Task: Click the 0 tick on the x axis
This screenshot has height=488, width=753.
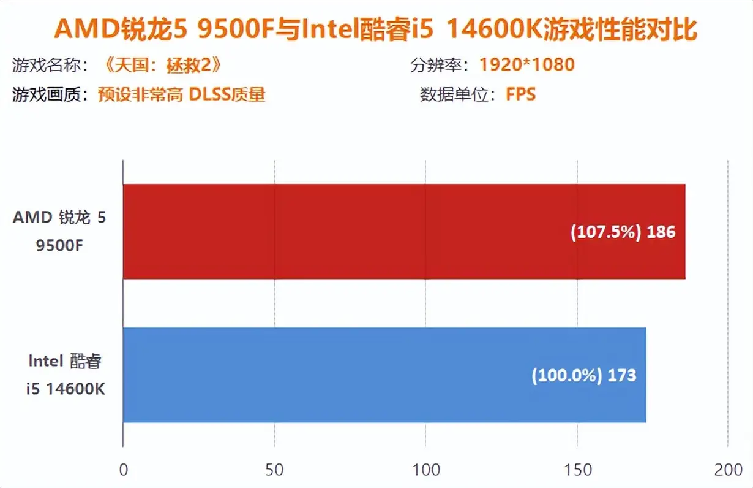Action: (x=124, y=470)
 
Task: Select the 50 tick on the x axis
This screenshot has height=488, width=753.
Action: (x=274, y=470)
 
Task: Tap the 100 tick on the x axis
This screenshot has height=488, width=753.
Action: (x=425, y=470)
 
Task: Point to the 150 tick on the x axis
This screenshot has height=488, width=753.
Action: (x=577, y=470)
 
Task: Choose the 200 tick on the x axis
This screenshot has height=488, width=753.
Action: (x=728, y=470)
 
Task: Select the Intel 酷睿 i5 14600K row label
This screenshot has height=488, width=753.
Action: (x=65, y=375)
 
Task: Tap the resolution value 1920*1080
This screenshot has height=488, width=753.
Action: (x=526, y=64)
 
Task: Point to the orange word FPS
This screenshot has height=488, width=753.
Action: (x=520, y=94)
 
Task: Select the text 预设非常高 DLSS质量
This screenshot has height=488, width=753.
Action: (x=181, y=94)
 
